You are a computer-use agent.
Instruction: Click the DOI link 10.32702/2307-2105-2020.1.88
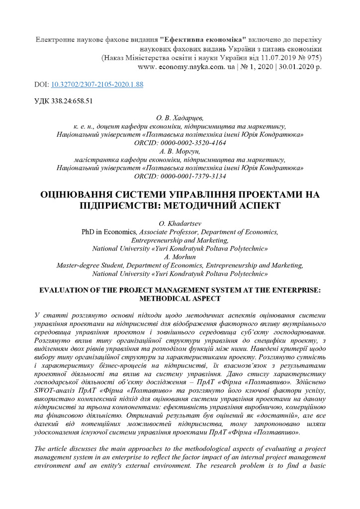97,85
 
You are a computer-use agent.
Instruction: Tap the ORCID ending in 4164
180,143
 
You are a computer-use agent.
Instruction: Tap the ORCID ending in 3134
180,176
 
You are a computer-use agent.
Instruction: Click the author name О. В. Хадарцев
180,118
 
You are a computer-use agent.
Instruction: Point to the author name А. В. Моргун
180,151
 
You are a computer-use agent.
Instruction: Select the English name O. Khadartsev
180,224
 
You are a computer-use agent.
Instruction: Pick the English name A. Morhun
180,257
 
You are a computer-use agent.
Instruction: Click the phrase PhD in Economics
109,232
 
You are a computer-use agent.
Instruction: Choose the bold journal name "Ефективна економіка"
204,39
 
